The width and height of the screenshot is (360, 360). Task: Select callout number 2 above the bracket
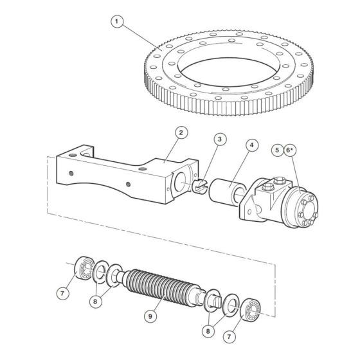pos(181,132)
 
